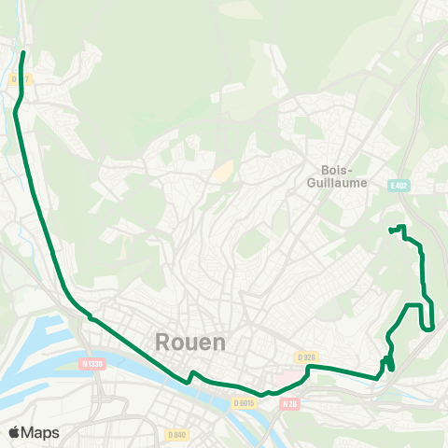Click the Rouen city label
click(189, 342)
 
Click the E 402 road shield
click(400, 187)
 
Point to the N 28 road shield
click(289, 403)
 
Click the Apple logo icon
click(14, 432)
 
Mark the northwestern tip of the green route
click(22, 53)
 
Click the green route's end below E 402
click(389, 229)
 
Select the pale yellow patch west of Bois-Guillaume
click(222, 172)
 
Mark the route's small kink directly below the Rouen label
click(191, 375)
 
